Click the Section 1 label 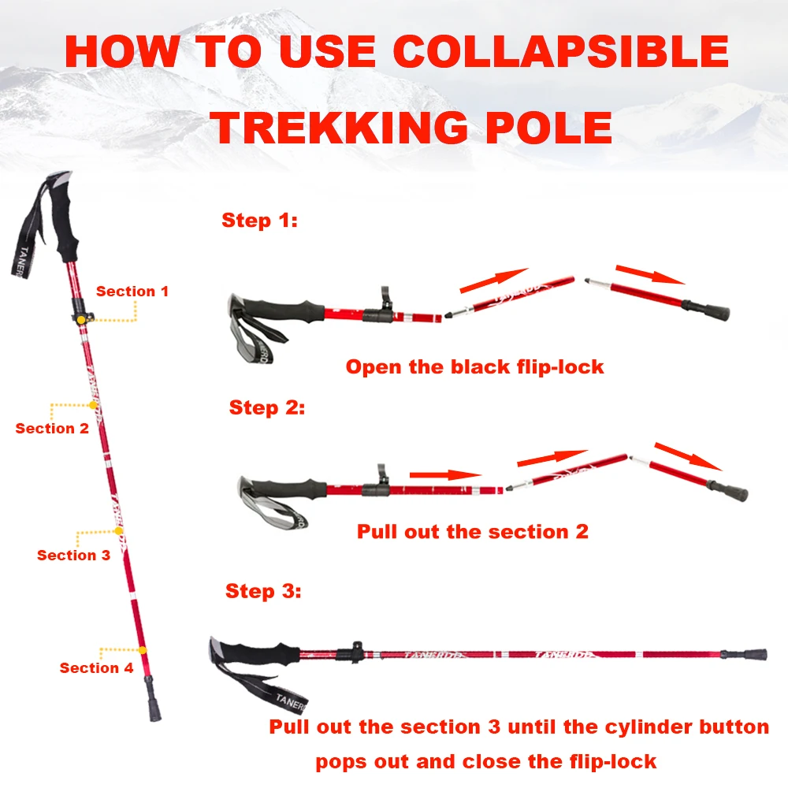[x=132, y=292]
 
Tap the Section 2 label [x=52, y=429]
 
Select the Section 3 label [x=73, y=556]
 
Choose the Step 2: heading [x=266, y=408]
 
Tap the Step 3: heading [x=263, y=591]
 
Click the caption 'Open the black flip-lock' [x=474, y=366]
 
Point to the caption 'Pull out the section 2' [x=473, y=532]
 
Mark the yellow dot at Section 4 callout [x=143, y=650]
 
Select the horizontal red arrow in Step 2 [x=445, y=474]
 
